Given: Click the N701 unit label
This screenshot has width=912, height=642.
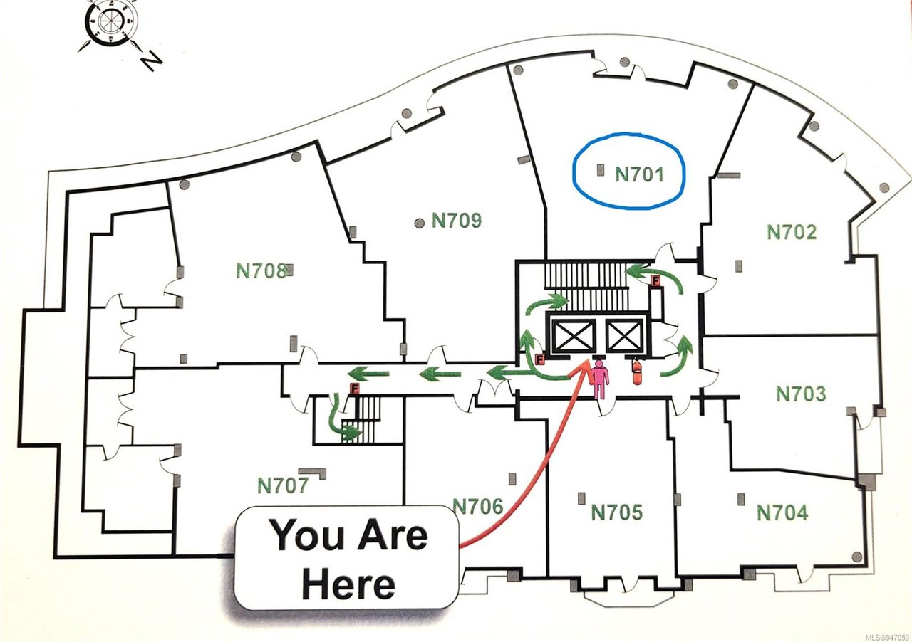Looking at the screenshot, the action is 639,174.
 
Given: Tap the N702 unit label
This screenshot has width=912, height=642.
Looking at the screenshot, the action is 792,232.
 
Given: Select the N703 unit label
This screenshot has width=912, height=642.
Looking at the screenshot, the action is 802,394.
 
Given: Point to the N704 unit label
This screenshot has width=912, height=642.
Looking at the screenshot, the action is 782,512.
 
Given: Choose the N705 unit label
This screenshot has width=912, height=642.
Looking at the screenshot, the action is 616,512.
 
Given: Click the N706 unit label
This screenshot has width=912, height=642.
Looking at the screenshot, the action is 478,507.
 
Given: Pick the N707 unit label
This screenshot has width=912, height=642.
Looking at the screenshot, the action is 284,485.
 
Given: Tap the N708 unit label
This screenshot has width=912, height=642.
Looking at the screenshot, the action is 261,271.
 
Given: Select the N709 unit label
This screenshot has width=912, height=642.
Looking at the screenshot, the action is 457,221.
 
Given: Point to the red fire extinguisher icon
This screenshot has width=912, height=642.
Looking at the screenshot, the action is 636,370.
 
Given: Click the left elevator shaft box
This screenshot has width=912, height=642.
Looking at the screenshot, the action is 573,335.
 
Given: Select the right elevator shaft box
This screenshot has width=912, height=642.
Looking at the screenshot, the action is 623,335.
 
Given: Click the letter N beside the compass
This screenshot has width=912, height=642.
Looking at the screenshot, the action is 151,62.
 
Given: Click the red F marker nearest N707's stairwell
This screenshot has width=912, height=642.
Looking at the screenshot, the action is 355,389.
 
